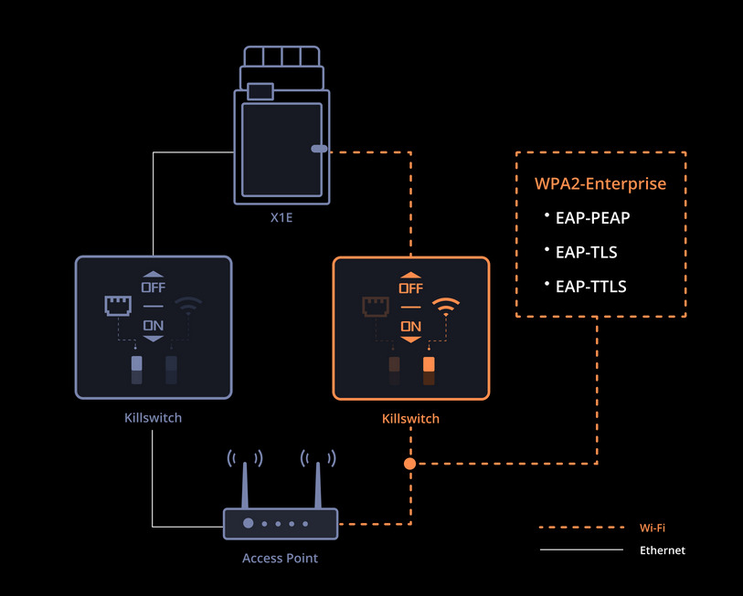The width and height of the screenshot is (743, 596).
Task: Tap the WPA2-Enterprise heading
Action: point(600,183)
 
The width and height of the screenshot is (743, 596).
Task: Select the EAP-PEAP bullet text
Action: point(592,218)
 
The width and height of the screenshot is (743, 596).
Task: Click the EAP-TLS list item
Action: point(587,252)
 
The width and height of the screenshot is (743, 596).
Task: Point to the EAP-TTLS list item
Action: point(590,286)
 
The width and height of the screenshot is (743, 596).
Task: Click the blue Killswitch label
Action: point(153,418)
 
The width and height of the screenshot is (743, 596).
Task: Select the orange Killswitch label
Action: point(410,419)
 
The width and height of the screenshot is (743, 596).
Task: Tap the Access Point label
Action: point(280,558)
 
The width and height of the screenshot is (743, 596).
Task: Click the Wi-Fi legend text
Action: point(653,528)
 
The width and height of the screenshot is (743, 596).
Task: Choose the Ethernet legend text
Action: point(662,550)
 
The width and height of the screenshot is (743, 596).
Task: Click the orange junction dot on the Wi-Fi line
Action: point(410,464)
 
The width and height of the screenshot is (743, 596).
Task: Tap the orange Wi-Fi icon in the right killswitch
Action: point(446,306)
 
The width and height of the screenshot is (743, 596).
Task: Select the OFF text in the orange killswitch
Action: point(410,288)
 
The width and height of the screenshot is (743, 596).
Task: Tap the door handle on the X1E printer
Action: point(319,148)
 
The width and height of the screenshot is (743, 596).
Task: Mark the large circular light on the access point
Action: point(248,524)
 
